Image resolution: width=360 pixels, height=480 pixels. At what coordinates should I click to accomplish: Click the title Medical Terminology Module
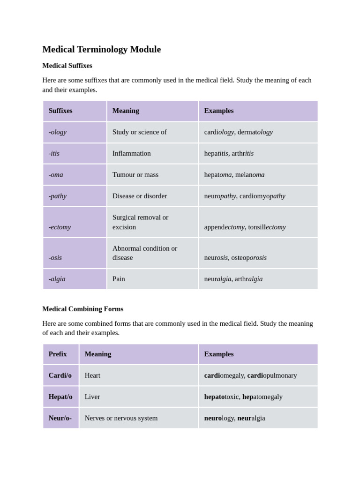101,49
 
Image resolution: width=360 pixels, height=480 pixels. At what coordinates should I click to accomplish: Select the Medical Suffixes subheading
67,66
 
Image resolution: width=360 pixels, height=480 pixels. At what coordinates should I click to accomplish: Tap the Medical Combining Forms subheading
82,309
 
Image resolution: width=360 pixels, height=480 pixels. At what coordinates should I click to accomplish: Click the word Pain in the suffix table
119,279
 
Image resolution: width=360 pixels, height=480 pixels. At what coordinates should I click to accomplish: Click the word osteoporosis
249,257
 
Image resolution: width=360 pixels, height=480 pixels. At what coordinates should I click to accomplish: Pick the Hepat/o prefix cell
60,397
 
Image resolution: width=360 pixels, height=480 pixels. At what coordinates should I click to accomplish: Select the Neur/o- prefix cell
60,418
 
